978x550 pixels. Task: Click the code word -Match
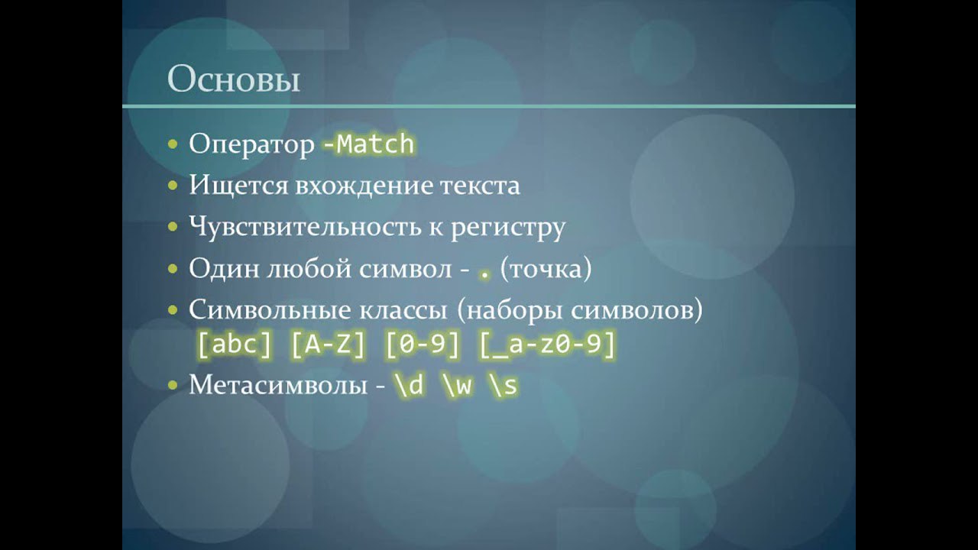[x=368, y=144]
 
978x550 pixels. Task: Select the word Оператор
[x=251, y=144]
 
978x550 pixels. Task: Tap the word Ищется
[x=238, y=186]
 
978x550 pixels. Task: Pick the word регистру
[x=508, y=228]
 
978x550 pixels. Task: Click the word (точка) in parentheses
[x=546, y=268]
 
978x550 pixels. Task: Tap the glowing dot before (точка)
[x=484, y=276]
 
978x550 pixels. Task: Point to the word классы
[x=403, y=310]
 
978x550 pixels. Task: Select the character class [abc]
[x=235, y=345]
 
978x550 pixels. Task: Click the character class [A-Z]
[x=328, y=345]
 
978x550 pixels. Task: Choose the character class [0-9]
[x=423, y=345]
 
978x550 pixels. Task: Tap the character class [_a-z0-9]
[x=548, y=345]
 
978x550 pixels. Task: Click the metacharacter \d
[x=409, y=386]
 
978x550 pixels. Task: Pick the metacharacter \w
[x=458, y=386]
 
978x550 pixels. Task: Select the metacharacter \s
[x=505, y=386]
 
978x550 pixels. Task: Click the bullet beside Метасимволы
[x=173, y=385]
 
